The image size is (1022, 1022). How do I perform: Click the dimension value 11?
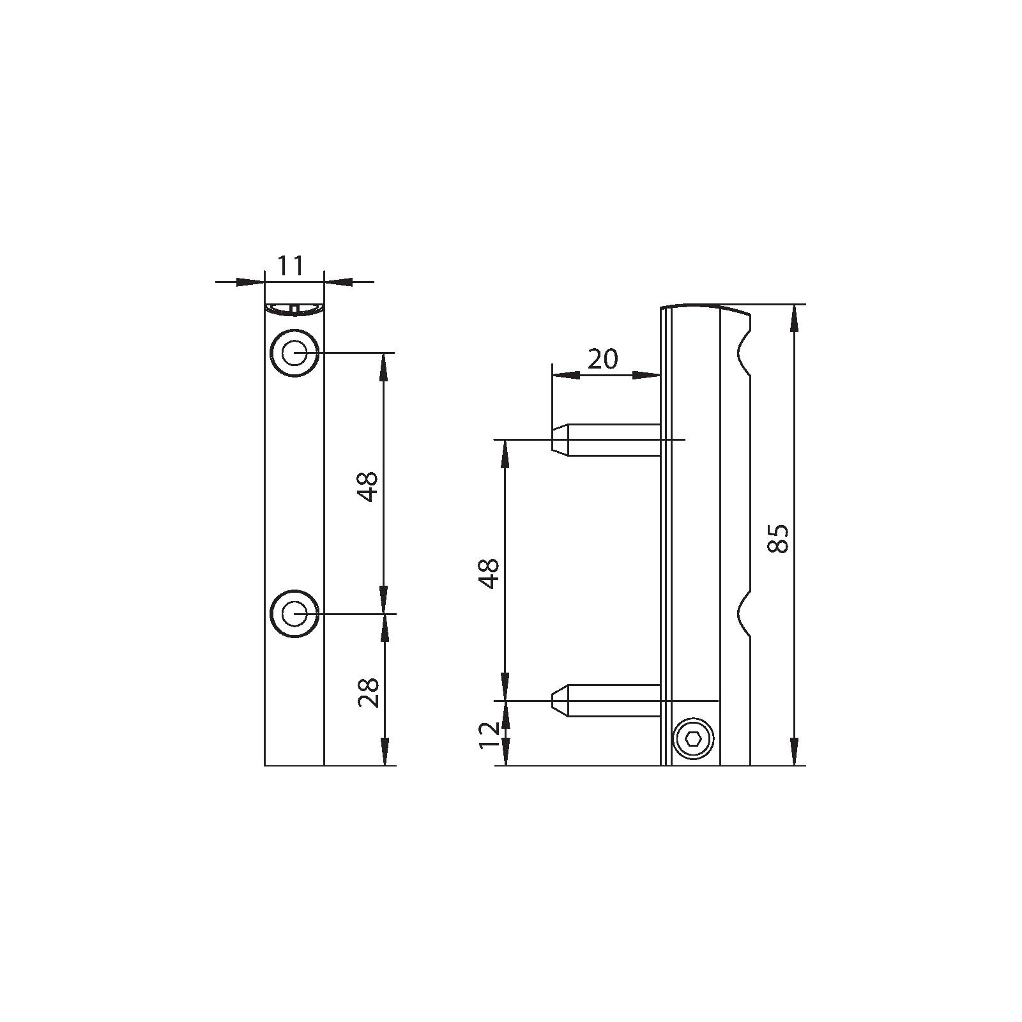[x=292, y=265]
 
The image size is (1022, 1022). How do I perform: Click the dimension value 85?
[x=779, y=538]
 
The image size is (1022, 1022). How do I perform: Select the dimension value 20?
[x=603, y=360]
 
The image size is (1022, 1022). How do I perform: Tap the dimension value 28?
[x=369, y=692]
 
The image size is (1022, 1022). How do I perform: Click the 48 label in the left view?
[x=369, y=487]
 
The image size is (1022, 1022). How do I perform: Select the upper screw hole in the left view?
[x=294, y=353]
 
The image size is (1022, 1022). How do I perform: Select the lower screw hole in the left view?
[x=294, y=614]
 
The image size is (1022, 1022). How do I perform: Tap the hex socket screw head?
[x=694, y=740]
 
